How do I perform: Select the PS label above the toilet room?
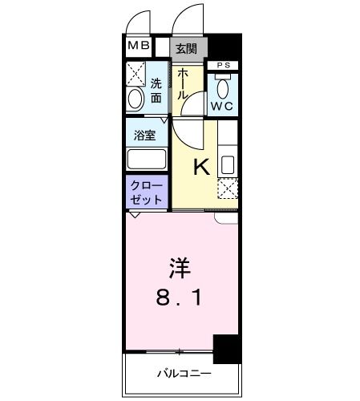(224, 66)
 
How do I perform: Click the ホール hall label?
(183, 83)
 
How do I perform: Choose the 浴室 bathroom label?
(146, 135)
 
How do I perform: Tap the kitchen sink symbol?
(228, 165)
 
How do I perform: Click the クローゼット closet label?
(146, 192)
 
